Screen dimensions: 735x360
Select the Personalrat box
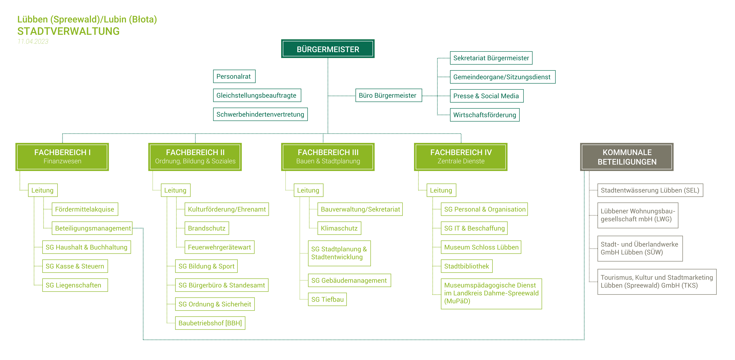tap(234, 76)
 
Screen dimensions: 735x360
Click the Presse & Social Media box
tap(486, 96)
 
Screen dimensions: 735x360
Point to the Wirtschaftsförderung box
tap(485, 115)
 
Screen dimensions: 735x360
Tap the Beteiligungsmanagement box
tap(92, 228)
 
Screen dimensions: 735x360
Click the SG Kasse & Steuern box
tap(75, 266)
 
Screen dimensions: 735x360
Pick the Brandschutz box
tap(207, 228)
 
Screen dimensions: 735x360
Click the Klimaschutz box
tap(339, 228)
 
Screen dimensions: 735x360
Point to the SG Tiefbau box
tap(327, 299)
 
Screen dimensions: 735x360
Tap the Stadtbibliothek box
tap(466, 266)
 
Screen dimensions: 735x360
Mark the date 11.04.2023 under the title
tap(33, 41)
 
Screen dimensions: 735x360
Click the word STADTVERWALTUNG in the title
tap(68, 31)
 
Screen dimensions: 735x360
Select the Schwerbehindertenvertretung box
tap(260, 114)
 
